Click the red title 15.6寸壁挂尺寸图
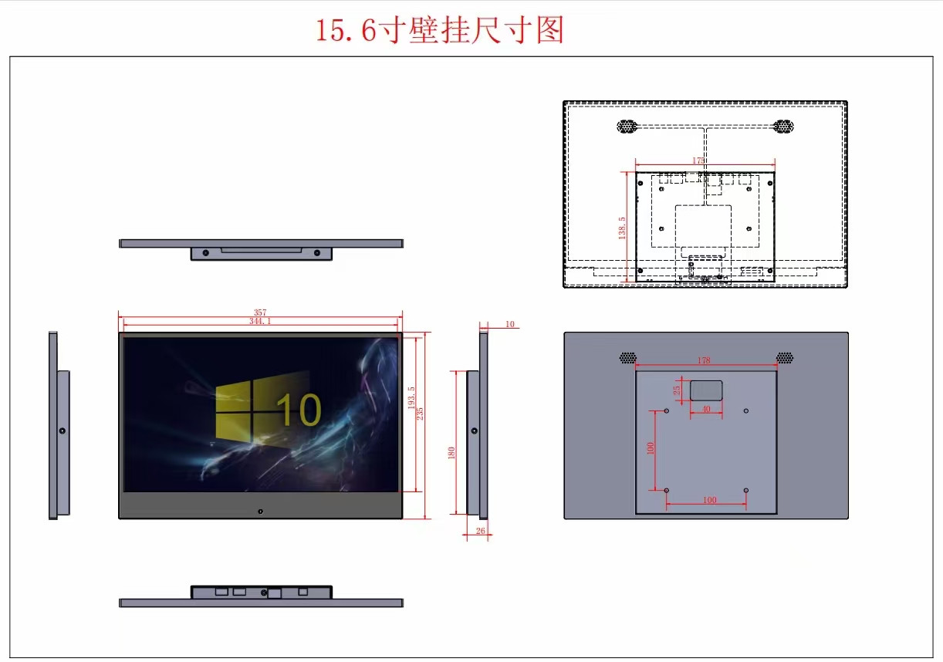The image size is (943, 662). click(440, 30)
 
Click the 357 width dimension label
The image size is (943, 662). click(260, 312)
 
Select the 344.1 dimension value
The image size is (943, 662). click(260, 321)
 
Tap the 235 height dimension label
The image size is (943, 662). click(421, 413)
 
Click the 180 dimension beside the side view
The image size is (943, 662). click(451, 454)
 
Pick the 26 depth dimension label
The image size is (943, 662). click(481, 530)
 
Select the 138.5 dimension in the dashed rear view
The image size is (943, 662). click(622, 228)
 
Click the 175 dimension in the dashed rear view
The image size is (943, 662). click(698, 160)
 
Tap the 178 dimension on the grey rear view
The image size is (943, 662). click(703, 360)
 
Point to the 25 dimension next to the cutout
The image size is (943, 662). click(678, 390)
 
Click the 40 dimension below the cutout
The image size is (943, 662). click(705, 409)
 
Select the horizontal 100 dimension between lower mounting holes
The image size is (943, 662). click(709, 500)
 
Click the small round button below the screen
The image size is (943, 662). click(260, 511)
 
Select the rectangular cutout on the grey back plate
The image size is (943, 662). click(706, 390)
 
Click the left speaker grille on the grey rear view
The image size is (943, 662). click(628, 358)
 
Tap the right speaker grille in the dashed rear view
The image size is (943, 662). click(783, 126)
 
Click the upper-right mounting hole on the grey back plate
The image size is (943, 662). click(745, 411)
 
